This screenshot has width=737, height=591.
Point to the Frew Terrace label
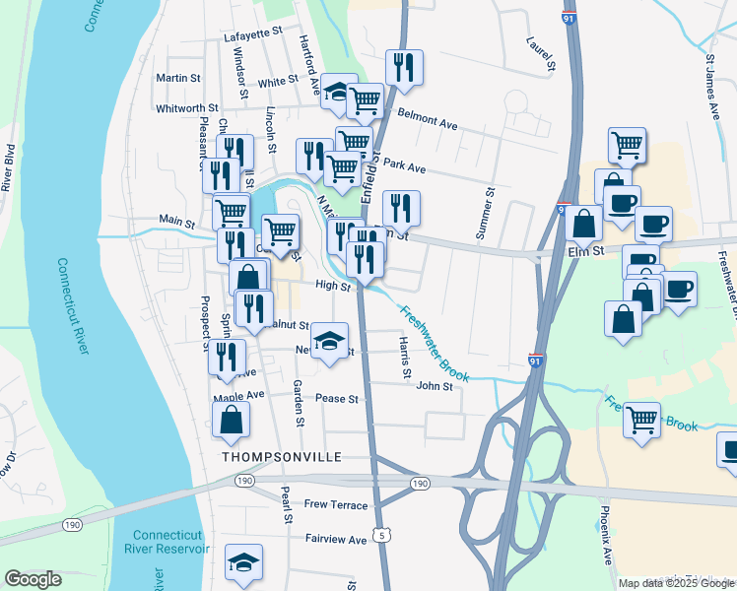point(336,505)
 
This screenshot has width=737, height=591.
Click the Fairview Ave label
point(336,540)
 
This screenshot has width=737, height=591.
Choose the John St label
point(434,387)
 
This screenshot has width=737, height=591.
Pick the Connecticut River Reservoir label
point(171,542)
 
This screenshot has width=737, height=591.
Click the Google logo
point(33,579)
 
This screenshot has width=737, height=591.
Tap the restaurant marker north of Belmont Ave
point(404,67)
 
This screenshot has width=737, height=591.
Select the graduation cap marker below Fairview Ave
point(243,562)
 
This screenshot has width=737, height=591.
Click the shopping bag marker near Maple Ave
point(230,418)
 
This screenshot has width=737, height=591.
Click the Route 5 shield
point(380,535)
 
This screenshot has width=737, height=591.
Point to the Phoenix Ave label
point(607,537)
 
